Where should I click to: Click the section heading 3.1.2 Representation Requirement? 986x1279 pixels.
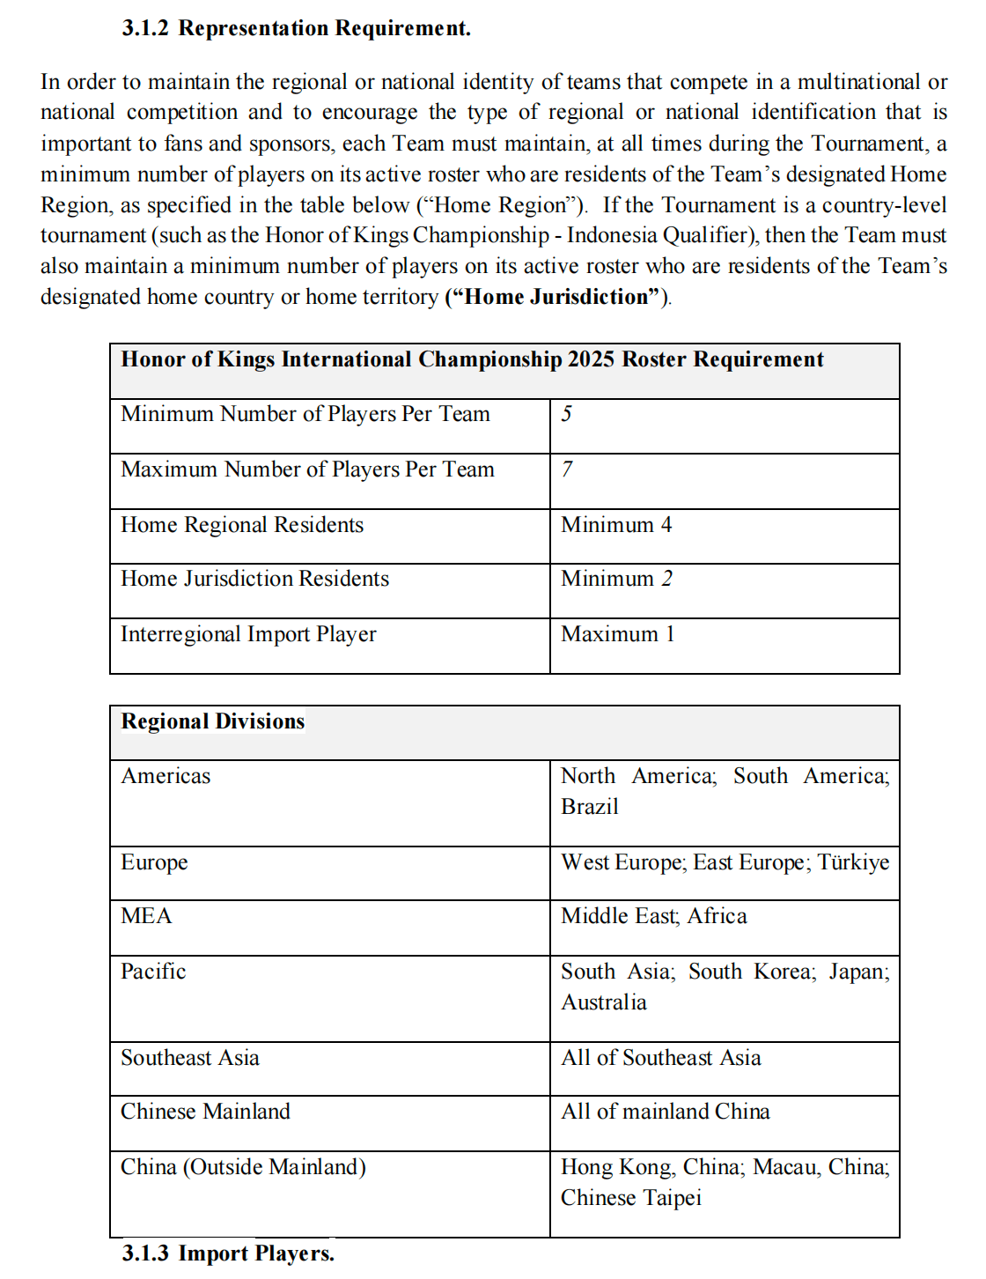click(296, 28)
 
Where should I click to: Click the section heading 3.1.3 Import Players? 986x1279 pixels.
click(228, 1253)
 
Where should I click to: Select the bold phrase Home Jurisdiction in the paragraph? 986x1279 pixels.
click(556, 297)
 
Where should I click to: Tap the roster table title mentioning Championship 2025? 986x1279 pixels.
click(472, 359)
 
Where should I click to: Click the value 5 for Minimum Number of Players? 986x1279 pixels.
click(567, 414)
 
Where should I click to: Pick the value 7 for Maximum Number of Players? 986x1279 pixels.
click(567, 469)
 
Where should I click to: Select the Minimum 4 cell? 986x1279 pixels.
click(616, 525)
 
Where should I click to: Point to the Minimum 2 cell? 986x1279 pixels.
click(616, 579)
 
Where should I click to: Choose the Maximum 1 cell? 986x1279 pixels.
click(617, 634)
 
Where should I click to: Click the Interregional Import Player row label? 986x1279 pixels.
click(248, 634)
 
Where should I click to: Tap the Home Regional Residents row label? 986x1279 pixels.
click(242, 525)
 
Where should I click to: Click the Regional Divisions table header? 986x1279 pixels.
click(213, 721)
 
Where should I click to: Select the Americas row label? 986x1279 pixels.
click(166, 776)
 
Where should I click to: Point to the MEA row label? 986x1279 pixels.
click(146, 916)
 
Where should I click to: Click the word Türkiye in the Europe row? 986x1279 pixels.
click(853, 862)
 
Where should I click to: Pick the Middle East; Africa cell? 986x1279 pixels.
click(654, 916)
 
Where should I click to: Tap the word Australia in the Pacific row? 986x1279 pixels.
click(604, 1002)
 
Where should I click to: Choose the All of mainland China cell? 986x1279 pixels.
click(666, 1112)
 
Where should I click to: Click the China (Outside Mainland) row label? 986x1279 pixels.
click(243, 1167)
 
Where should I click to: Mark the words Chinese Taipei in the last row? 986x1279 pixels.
click(631, 1198)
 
